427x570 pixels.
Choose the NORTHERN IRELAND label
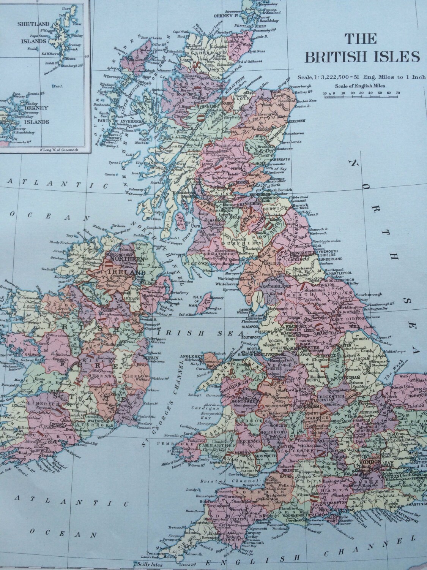[123, 265]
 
